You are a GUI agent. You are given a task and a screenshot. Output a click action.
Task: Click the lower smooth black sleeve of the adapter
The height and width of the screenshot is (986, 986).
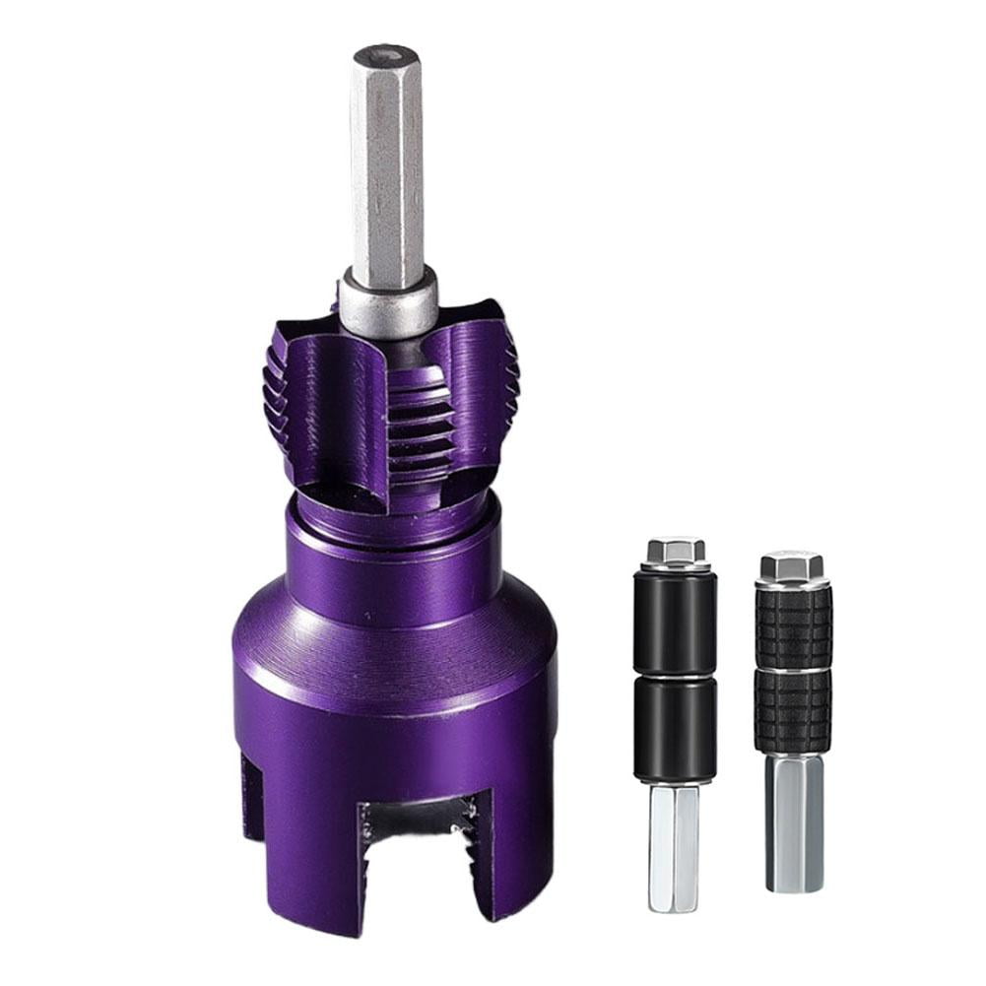click(676, 729)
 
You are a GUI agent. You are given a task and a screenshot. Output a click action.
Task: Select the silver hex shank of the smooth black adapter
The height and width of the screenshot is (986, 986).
click(674, 847)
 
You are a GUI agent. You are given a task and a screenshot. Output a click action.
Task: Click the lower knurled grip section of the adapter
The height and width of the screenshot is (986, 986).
click(793, 710)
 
